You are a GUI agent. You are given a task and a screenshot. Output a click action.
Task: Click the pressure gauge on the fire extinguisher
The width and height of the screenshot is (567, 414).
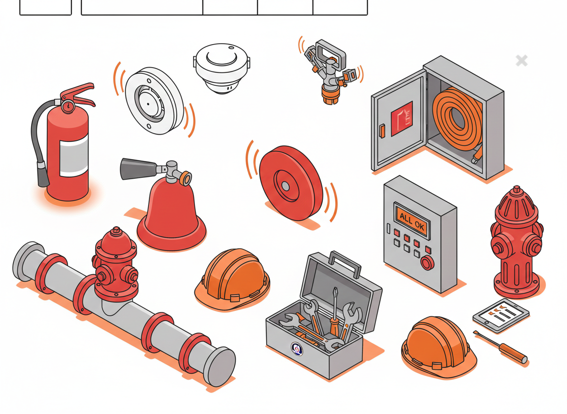click(x=68, y=106)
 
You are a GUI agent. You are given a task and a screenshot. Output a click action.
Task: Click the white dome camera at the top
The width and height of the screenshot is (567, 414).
click(x=222, y=68)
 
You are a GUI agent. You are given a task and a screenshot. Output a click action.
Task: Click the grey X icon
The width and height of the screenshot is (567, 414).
click(x=522, y=60)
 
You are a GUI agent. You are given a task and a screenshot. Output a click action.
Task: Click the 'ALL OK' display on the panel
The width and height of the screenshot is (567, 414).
click(x=412, y=221)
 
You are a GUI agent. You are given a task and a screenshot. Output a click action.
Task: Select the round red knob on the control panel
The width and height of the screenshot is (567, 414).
click(x=427, y=263)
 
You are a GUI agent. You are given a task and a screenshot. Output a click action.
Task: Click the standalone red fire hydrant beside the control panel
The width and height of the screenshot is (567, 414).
click(x=517, y=242)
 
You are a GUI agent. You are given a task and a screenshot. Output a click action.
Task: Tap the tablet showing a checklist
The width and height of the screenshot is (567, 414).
click(x=500, y=315)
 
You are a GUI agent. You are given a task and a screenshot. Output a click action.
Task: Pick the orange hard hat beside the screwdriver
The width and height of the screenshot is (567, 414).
click(x=438, y=345)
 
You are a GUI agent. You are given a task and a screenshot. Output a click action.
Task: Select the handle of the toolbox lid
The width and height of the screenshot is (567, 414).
click(x=345, y=263)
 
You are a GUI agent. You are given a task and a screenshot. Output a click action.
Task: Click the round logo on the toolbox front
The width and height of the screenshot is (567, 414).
click(x=297, y=349)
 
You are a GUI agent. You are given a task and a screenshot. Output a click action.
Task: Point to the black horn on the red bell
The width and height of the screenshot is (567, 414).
click(x=138, y=168)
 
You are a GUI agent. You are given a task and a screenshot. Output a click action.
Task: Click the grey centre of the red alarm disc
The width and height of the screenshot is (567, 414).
click(x=286, y=186)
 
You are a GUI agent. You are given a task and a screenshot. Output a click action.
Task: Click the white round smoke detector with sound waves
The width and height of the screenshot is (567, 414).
click(x=154, y=101)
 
